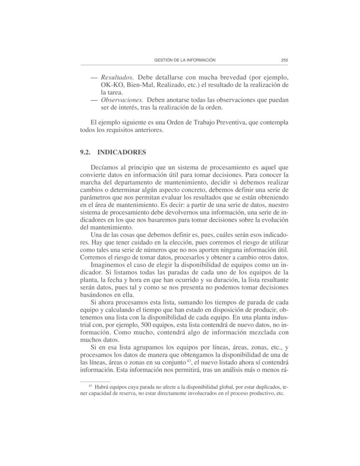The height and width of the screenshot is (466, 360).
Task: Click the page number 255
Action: pyautogui.click(x=285, y=60)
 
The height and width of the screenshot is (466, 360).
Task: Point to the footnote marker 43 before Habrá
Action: pyautogui.click(x=90, y=386)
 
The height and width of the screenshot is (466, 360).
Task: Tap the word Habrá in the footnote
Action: pyautogui.click(x=102, y=387)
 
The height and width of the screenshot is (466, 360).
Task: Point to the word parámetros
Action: pyautogui.click(x=95, y=197)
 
